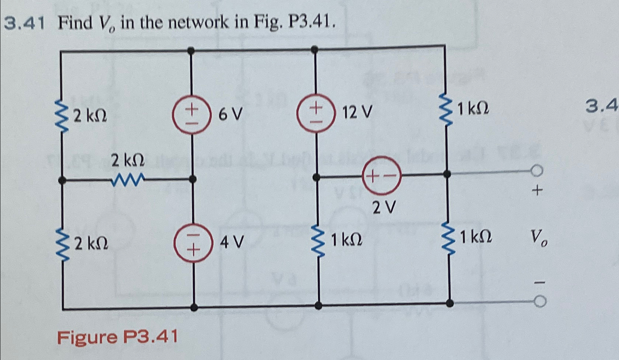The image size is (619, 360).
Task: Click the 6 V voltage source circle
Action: coord(192,114)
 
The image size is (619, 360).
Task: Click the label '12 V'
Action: coord(357,112)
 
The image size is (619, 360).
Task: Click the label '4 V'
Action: coord(232,242)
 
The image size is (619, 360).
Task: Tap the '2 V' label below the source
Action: coord(384,208)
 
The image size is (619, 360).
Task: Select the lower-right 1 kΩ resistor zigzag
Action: coord(448,239)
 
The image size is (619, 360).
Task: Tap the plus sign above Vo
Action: coord(537,190)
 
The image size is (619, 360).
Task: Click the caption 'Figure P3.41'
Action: coord(117,336)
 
